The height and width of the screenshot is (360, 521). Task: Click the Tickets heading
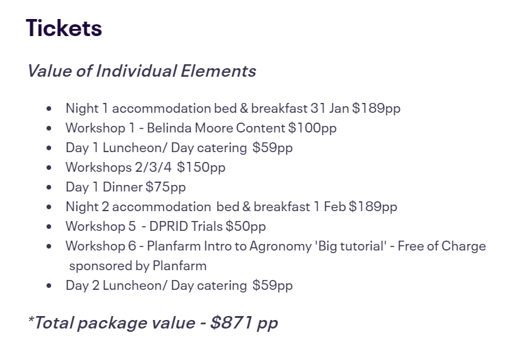[64, 28]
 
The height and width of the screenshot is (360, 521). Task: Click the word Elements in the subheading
[218, 71]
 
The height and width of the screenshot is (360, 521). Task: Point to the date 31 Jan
[330, 108]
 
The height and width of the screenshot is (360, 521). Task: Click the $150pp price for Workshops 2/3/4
[201, 167]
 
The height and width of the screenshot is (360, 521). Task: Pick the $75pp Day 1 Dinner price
[165, 187]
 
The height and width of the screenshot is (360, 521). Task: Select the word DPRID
[168, 226]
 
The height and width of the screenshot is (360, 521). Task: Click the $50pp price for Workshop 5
[246, 227]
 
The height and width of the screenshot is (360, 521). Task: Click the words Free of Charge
[442, 247]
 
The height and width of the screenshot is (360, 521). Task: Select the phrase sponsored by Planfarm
[138, 266]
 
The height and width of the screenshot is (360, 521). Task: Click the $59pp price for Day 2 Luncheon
[273, 286]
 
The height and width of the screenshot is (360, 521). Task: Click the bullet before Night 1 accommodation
[49, 109]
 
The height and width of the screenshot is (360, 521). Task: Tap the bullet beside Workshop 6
[49, 247]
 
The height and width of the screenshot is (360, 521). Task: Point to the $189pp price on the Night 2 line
[373, 207]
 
